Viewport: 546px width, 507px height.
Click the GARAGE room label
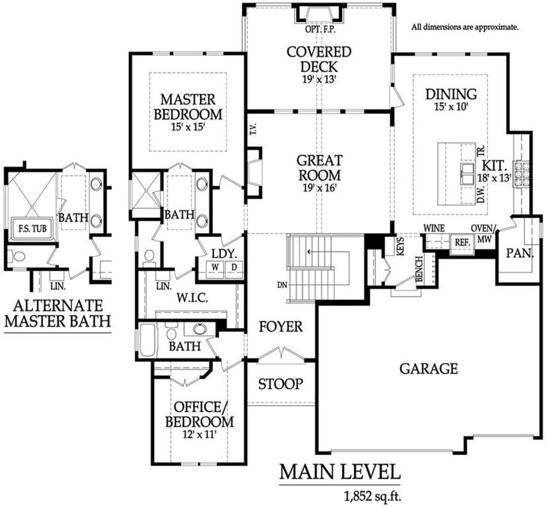click(x=429, y=368)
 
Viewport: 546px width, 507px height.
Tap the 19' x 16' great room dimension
click(x=319, y=189)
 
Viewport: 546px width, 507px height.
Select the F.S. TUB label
click(x=32, y=229)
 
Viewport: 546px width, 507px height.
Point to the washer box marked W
click(x=216, y=267)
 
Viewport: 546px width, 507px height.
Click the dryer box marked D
click(x=234, y=267)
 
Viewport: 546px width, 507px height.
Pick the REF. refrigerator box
click(x=462, y=243)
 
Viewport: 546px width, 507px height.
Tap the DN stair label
click(x=283, y=285)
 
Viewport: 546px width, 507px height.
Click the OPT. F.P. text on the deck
click(x=320, y=29)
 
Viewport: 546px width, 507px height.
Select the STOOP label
click(x=281, y=384)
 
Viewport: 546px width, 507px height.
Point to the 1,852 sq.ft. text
click(x=373, y=495)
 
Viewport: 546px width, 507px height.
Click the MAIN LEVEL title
click(x=340, y=472)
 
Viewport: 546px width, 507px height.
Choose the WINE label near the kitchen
click(x=434, y=228)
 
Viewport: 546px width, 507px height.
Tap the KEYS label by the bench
click(x=401, y=247)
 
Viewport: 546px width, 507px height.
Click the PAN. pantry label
click(x=520, y=253)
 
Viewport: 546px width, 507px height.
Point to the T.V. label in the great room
click(x=253, y=128)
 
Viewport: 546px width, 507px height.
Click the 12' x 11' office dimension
click(x=199, y=435)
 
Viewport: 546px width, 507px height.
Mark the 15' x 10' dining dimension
click(x=451, y=107)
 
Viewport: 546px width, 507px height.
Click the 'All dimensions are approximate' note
click(x=465, y=27)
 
